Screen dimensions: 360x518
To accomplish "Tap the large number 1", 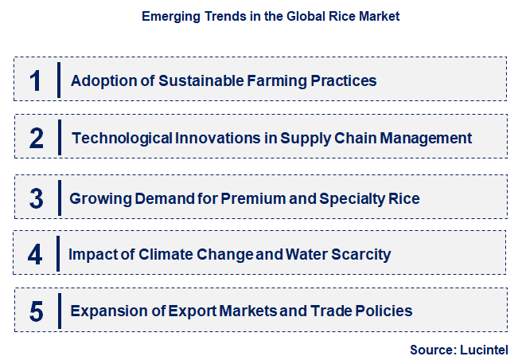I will pyautogui.click(x=36, y=80).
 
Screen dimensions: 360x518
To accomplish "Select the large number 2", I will pyautogui.click(x=36, y=139).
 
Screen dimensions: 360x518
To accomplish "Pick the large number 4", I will pyautogui.click(x=36, y=255).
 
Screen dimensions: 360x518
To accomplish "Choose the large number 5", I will pyautogui.click(x=36, y=311).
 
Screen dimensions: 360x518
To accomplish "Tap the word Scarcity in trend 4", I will pyautogui.click(x=360, y=255).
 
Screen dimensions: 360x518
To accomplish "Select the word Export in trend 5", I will pyautogui.click(x=191, y=311).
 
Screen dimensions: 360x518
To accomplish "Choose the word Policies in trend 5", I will pyautogui.click(x=384, y=311).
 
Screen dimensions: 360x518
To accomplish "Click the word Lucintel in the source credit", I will pyautogui.click(x=484, y=349).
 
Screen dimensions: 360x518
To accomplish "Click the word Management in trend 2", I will pyautogui.click(x=427, y=139).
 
